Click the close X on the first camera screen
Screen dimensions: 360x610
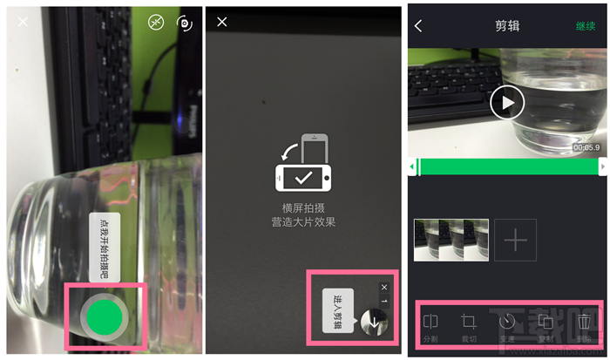[23, 22]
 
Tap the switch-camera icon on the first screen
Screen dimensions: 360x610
[184, 24]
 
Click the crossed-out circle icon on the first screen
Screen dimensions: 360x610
[155, 24]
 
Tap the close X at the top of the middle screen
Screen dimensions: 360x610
[222, 22]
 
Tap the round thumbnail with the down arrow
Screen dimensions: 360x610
[374, 322]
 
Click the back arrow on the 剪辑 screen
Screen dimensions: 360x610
[418, 26]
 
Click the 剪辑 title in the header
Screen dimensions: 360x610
[506, 26]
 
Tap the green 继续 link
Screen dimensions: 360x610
[585, 26]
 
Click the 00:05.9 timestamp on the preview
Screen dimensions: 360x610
[586, 147]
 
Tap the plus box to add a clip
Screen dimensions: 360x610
[516, 240]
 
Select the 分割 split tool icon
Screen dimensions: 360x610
[430, 323]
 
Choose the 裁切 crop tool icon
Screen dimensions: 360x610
[469, 323]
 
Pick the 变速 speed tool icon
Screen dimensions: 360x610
[507, 323]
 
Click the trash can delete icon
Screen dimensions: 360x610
[585, 323]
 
